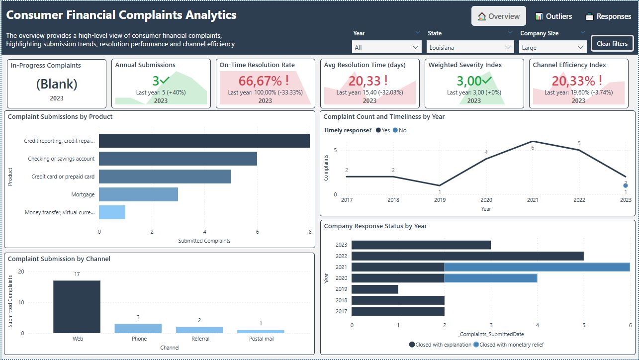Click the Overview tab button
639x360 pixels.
pyautogui.click(x=498, y=16)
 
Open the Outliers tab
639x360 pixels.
pyautogui.click(x=553, y=16)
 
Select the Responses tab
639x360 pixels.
pyautogui.click(x=608, y=16)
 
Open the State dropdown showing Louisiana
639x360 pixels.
pyautogui.click(x=470, y=48)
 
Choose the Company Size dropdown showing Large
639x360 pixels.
pyautogui.click(x=553, y=48)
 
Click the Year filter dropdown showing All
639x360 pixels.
pyautogui.click(x=387, y=48)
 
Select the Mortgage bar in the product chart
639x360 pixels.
pyautogui.click(x=138, y=194)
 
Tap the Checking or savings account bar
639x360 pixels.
pyautogui.click(x=178, y=159)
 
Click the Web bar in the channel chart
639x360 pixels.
pyautogui.click(x=77, y=307)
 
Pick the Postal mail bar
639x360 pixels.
pyautogui.click(x=261, y=332)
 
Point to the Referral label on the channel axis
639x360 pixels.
pyautogui.click(x=200, y=339)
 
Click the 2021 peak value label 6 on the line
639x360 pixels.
pyautogui.click(x=533, y=148)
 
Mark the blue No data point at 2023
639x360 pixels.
pyautogui.click(x=626, y=185)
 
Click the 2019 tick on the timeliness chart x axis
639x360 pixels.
pyautogui.click(x=440, y=200)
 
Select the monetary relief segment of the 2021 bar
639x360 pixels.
pyautogui.click(x=537, y=267)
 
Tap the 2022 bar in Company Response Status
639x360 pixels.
pyautogui.click(x=467, y=256)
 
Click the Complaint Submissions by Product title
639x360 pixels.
pyautogui.click(x=60, y=117)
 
